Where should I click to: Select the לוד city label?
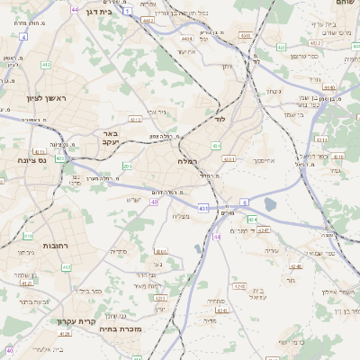coord(220,118)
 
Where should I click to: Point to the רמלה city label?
coord(190,159)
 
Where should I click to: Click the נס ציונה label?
coord(31,159)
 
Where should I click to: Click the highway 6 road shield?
coord(245,202)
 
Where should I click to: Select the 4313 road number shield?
coord(135,119)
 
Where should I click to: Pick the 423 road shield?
coord(60,157)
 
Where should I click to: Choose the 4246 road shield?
coord(296,266)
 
